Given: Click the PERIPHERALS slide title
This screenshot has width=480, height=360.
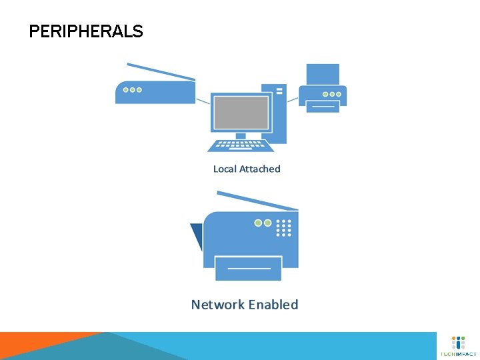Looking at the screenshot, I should click(86, 31).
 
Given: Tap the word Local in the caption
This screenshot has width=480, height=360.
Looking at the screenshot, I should click(225, 169).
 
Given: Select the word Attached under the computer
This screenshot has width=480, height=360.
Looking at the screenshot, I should click(260, 169).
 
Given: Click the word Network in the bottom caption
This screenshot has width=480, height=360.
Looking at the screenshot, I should click(217, 305).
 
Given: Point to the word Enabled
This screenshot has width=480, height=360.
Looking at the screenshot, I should click(273, 305).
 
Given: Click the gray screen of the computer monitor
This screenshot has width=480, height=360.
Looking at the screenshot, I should click(241, 111).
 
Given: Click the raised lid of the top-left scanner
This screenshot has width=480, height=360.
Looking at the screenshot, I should click(161, 71).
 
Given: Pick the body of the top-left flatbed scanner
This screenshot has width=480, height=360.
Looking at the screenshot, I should click(155, 93).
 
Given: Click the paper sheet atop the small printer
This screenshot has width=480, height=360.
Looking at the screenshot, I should click(323, 73).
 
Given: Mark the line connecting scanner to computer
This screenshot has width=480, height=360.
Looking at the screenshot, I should click(203, 101).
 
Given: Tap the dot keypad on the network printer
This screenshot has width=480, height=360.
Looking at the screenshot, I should click(284, 227).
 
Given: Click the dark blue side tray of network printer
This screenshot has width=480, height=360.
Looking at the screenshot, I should click(197, 235).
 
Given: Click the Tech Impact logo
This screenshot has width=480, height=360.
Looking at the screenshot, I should click(458, 346).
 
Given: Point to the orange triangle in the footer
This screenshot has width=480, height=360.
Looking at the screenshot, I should click(40, 339).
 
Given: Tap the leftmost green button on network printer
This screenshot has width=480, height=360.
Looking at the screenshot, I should click(258, 223).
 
